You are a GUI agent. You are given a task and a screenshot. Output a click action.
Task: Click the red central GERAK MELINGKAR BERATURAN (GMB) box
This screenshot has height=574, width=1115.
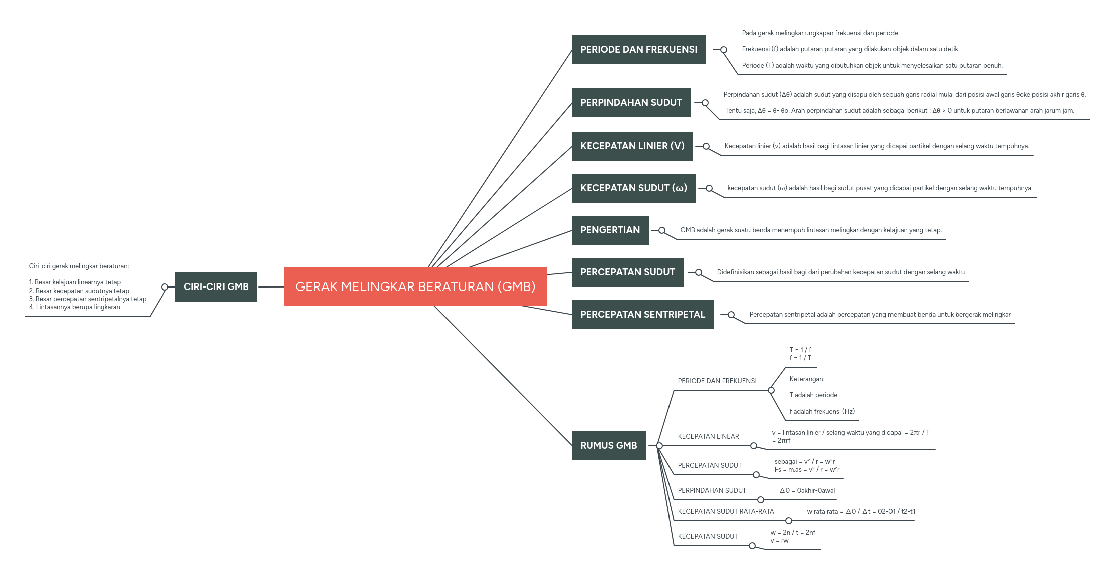(415, 286)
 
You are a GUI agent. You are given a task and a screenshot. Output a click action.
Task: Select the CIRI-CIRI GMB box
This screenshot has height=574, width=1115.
(216, 287)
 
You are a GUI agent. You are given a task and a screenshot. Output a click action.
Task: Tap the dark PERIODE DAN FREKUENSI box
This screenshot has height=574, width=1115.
(638, 50)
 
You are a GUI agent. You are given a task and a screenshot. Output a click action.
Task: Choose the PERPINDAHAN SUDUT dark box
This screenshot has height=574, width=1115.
(631, 103)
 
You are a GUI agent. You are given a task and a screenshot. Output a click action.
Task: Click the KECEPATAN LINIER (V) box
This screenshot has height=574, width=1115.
(632, 146)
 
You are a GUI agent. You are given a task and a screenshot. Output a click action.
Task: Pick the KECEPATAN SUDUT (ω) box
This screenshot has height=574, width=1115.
(633, 188)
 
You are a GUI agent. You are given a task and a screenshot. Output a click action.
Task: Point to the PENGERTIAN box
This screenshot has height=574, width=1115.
(610, 230)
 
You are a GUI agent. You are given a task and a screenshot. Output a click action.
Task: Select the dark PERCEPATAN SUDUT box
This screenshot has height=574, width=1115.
(627, 272)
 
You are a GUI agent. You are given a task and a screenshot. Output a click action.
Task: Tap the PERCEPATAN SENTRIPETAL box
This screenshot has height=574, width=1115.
(642, 315)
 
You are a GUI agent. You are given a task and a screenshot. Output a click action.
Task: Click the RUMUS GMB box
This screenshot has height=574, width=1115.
(608, 446)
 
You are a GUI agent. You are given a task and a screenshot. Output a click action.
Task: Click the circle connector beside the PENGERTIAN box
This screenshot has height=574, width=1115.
(662, 230)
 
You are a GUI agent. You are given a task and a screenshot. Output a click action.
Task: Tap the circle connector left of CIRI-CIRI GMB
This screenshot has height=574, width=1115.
(165, 287)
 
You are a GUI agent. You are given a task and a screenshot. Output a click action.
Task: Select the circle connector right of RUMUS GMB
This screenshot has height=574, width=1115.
(659, 446)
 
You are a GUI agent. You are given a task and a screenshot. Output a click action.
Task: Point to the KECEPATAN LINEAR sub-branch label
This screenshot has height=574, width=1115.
(708, 437)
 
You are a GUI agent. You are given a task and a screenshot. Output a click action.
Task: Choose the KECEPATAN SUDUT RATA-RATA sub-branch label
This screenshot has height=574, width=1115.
(726, 512)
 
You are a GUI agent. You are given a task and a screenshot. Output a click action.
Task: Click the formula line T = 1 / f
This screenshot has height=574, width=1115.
(800, 350)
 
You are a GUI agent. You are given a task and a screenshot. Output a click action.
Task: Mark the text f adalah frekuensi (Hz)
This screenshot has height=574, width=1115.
(822, 412)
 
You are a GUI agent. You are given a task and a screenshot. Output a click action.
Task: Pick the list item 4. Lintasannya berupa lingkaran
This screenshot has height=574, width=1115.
(75, 307)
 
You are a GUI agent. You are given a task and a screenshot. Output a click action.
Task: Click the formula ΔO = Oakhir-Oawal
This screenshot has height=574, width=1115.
(807, 491)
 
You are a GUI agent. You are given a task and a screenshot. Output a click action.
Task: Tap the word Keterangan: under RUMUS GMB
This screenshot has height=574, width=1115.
(807, 379)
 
